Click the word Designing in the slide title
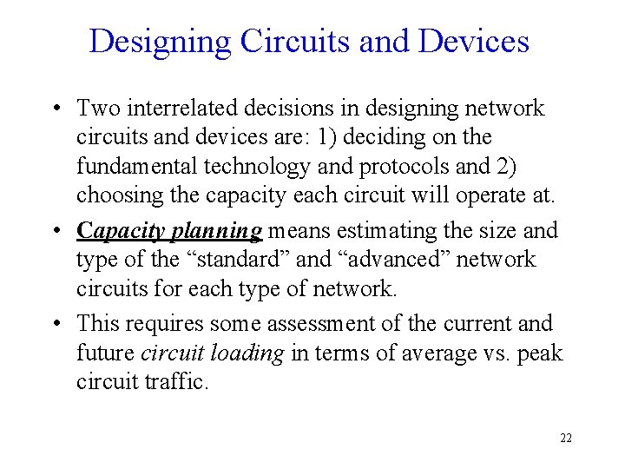tap(159, 41)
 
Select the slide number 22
tap(565, 438)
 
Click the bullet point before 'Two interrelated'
tap(56, 109)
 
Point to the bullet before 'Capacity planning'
tap(56, 231)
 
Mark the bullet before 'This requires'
tap(56, 324)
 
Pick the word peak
tap(537, 353)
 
